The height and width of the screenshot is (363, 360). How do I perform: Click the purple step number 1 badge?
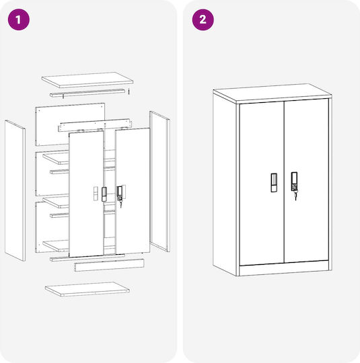(x=19, y=19)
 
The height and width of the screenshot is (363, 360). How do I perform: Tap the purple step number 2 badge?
(x=203, y=19)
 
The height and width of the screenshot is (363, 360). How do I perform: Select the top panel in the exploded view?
(x=87, y=80)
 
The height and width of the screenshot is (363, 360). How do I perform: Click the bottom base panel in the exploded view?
(x=87, y=289)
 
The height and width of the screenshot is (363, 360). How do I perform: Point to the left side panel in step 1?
(x=15, y=190)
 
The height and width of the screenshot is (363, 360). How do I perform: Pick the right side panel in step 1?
(x=159, y=182)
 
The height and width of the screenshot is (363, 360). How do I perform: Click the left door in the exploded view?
(x=86, y=194)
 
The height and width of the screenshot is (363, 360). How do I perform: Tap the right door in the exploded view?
(x=133, y=190)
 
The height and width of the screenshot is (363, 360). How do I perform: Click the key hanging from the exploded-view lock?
(x=120, y=204)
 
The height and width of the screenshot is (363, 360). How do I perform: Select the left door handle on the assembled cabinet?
(x=274, y=182)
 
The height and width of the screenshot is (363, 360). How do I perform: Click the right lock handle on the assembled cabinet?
(x=294, y=182)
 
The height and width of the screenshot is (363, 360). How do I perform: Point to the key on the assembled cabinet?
(x=295, y=196)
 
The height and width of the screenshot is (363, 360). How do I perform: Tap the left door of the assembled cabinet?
(x=262, y=184)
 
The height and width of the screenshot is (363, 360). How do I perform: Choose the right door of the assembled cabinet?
(x=306, y=181)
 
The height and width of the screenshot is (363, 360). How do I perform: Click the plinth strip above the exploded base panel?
(x=109, y=265)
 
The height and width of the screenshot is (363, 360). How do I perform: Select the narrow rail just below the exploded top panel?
(x=87, y=93)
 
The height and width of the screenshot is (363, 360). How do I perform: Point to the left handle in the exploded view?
(x=104, y=194)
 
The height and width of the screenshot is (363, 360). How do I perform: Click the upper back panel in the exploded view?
(x=70, y=124)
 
